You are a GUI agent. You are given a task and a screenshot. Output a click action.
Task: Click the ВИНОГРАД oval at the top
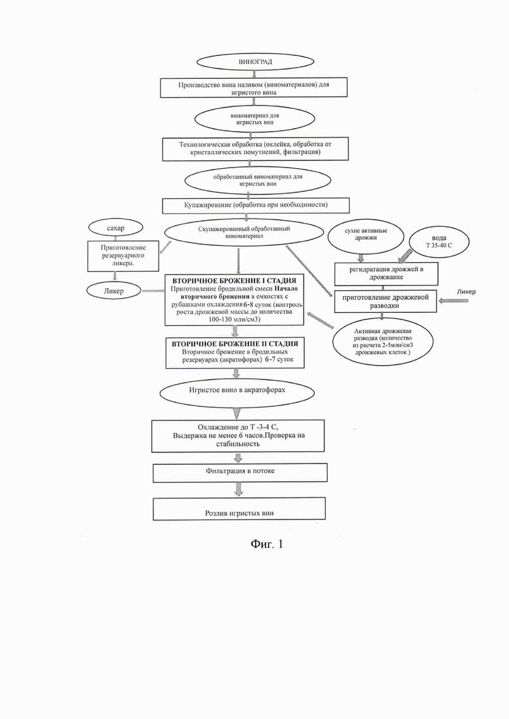(x=255, y=61)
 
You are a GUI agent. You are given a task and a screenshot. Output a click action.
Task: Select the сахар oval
(x=116, y=228)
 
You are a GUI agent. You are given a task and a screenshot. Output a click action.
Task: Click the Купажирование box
(x=256, y=205)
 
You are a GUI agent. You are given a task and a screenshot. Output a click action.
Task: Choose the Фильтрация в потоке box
(x=240, y=473)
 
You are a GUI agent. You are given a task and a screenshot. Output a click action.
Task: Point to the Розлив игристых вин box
(x=239, y=509)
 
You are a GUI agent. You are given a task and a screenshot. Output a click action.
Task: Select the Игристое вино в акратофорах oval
(x=237, y=391)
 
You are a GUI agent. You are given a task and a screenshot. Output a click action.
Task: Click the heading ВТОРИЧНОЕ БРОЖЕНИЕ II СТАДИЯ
(x=235, y=344)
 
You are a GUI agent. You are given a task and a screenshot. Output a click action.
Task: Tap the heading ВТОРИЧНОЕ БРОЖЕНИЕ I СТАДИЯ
(x=234, y=281)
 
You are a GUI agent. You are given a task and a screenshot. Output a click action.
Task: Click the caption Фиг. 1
(x=267, y=544)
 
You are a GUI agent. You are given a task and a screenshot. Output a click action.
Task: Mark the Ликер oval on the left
(x=114, y=291)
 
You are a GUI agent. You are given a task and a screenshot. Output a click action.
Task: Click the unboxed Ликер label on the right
(x=467, y=291)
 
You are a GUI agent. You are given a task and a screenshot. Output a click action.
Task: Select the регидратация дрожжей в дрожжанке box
(x=386, y=274)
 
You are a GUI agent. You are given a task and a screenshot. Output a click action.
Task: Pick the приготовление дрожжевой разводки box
(x=386, y=301)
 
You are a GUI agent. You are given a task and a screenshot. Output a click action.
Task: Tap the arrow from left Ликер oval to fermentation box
(x=154, y=291)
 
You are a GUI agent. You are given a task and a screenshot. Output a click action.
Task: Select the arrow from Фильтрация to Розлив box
(x=238, y=490)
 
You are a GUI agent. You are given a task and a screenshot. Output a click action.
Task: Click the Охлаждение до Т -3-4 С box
(x=238, y=435)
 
